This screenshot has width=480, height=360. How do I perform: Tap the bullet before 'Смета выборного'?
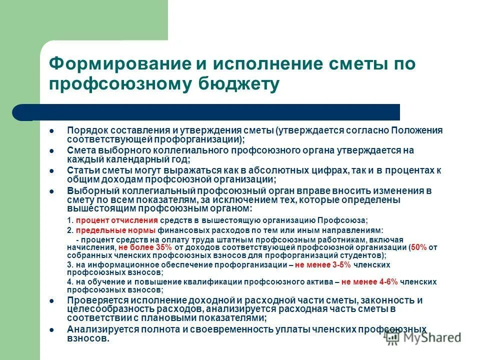tap(51, 150)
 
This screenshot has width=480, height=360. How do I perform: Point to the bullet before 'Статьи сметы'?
tap(51, 170)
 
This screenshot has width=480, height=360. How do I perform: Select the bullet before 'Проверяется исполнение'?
tap(51, 300)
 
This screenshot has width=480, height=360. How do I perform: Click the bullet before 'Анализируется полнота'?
tap(51, 329)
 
